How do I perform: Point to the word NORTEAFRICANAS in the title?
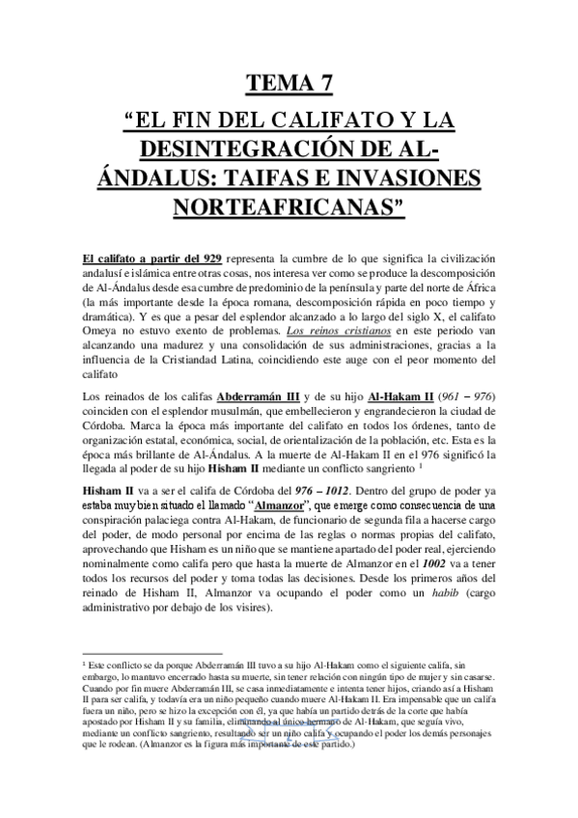(289, 207)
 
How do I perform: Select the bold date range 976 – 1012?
(284, 494)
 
